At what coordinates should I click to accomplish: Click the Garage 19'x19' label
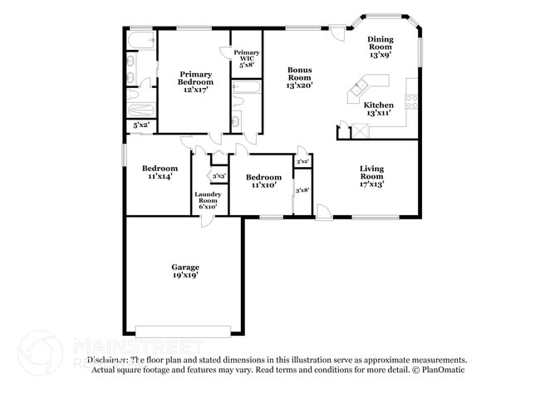coord(185,270)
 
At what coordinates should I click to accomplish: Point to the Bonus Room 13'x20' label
coord(300,77)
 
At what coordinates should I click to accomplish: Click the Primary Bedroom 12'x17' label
coord(196,82)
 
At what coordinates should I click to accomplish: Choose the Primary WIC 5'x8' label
coord(247,58)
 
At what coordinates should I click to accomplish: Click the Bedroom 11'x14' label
coord(160,172)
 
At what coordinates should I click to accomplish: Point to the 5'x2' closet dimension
coord(141,125)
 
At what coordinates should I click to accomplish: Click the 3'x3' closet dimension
coord(218,176)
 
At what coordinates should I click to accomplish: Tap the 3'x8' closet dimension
coord(302,190)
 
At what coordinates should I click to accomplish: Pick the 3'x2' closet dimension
coord(302,160)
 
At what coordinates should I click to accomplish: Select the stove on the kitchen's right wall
coord(410,102)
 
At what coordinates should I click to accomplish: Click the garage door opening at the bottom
coord(183,331)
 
